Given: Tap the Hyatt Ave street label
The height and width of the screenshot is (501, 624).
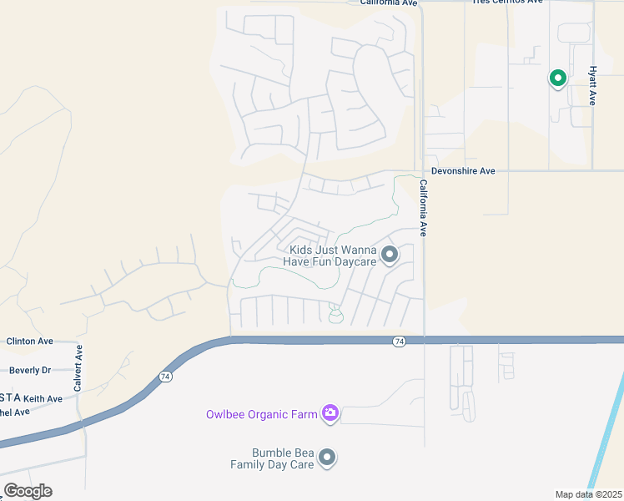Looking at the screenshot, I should pyautogui.click(x=593, y=86).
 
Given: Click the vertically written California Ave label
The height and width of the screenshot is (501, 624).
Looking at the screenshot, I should pyautogui.click(x=423, y=208).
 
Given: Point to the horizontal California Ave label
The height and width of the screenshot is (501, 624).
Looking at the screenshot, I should pyautogui.click(x=388, y=3).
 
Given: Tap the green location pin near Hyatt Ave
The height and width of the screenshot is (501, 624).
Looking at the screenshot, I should pyautogui.click(x=557, y=78).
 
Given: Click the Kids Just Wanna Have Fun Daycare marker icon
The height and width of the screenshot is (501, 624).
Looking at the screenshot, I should pyautogui.click(x=389, y=255).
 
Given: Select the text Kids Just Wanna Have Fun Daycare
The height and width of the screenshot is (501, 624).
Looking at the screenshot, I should pyautogui.click(x=332, y=256).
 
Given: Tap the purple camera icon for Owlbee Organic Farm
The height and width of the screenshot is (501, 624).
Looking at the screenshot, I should pyautogui.click(x=330, y=413).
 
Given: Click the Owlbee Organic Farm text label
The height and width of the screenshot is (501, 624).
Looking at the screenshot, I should pyautogui.click(x=262, y=414).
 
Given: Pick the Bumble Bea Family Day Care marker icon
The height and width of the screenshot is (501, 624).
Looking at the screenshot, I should pyautogui.click(x=327, y=458).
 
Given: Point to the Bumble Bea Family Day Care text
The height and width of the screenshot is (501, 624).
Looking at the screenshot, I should pyautogui.click(x=272, y=458).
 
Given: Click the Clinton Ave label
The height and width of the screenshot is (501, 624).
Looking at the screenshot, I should pyautogui.click(x=29, y=342).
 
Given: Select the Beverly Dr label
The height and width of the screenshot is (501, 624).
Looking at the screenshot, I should pyautogui.click(x=30, y=370).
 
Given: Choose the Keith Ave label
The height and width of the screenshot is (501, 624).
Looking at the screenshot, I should pyautogui.click(x=43, y=399).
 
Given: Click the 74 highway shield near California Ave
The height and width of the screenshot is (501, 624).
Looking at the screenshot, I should pyautogui.click(x=400, y=342).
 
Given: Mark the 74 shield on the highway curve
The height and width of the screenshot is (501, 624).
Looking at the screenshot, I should pyautogui.click(x=165, y=377).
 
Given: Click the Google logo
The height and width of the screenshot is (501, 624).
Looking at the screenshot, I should pyautogui.click(x=28, y=491).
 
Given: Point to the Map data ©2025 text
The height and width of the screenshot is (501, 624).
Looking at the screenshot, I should pyautogui.click(x=588, y=494).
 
